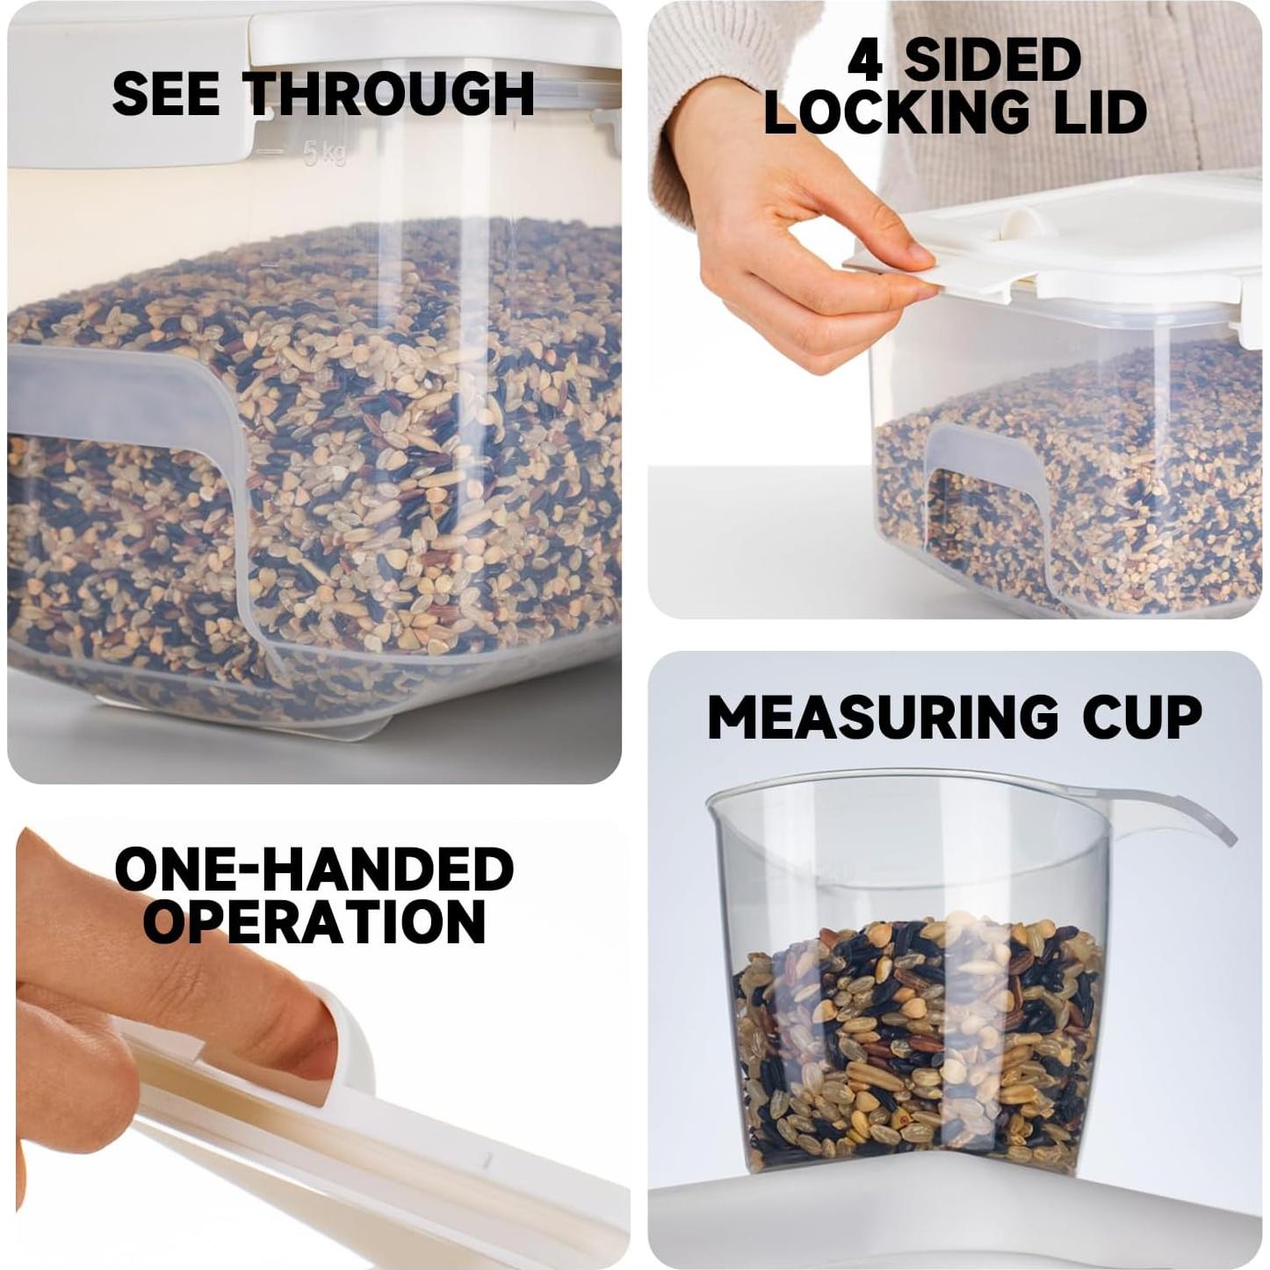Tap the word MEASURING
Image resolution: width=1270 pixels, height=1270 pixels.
point(883,718)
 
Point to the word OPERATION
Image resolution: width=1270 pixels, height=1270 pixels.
point(314,922)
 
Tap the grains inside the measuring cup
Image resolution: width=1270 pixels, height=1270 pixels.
point(918,1045)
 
